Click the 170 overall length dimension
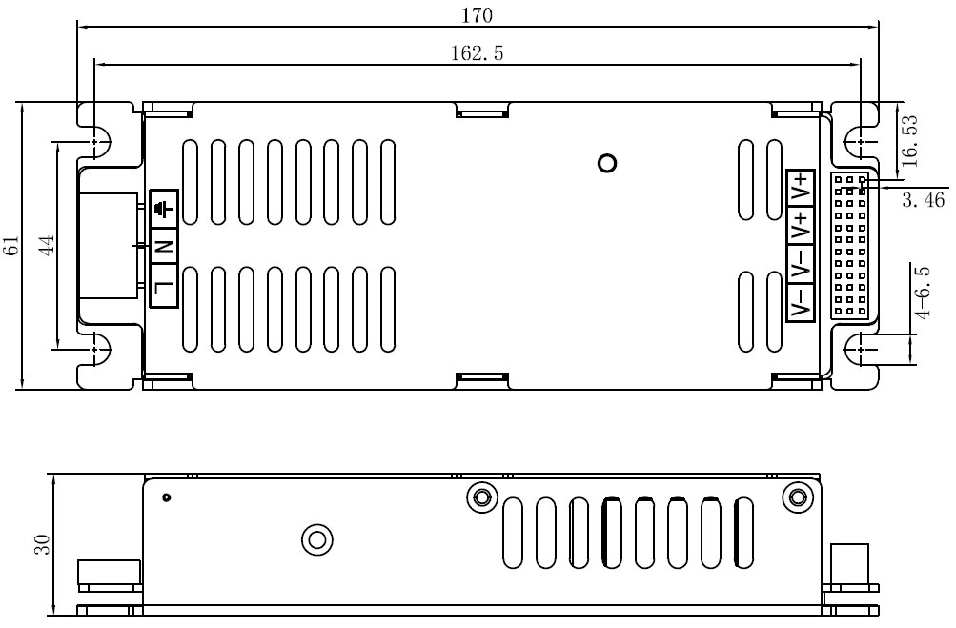click(x=477, y=15)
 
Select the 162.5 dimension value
click(x=477, y=53)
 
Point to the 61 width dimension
click(x=11, y=245)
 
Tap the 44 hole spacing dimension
click(x=47, y=245)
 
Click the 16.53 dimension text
click(x=909, y=141)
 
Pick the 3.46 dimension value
click(x=923, y=199)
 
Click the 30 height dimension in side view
click(x=41, y=544)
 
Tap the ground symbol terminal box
click(x=164, y=209)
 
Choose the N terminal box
click(x=164, y=246)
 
